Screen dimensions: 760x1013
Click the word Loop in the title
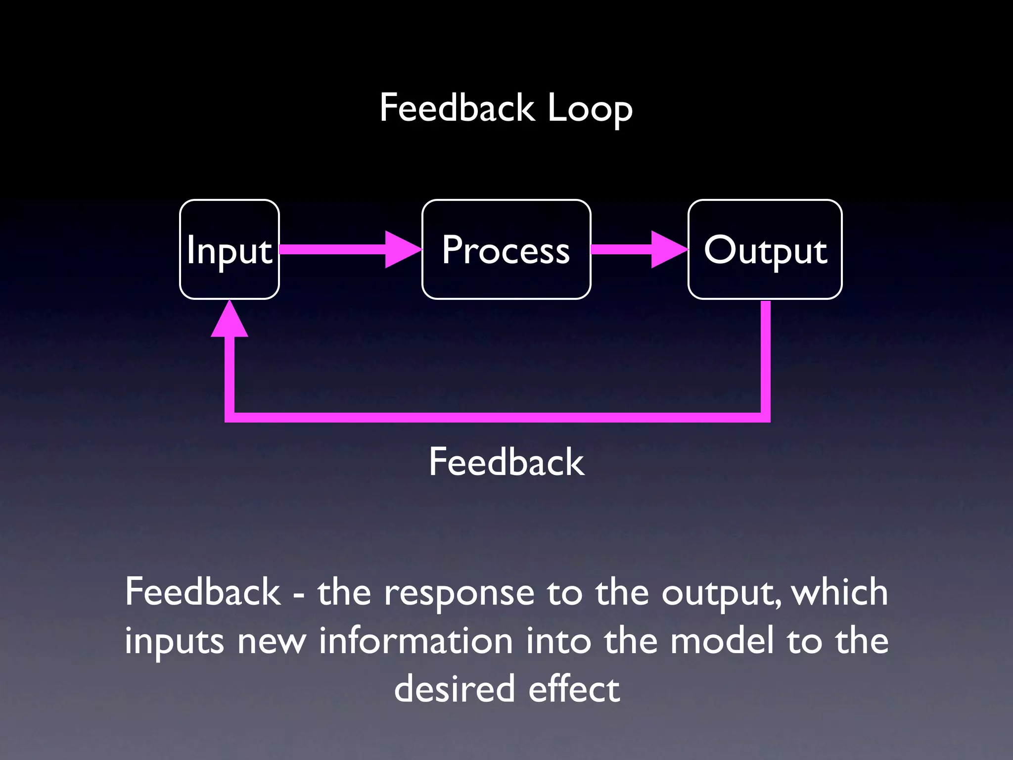click(590, 109)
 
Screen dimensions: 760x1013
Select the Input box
click(230, 249)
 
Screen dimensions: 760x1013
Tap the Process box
click(506, 249)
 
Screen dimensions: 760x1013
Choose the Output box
click(765, 249)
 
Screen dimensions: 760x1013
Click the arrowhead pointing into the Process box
click(402, 249)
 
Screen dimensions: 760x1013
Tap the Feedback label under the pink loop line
click(506, 462)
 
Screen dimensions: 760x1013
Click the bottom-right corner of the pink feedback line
click(765, 417)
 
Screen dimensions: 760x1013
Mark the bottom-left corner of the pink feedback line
click(230, 417)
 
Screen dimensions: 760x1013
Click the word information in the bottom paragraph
click(415, 641)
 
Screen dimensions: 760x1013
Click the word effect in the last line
click(574, 689)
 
